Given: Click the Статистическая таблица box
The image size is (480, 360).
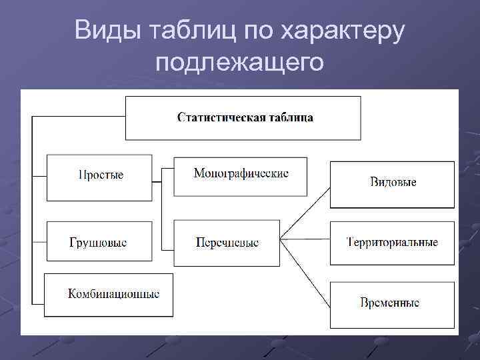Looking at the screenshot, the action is [x=243, y=118].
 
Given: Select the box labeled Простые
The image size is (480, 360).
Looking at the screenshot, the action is [x=99, y=177].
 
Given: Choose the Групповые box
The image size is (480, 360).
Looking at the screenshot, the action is [x=99, y=242].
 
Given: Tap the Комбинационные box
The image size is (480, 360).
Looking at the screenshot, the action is [x=109, y=294].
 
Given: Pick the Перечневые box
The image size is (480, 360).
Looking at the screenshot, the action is [x=227, y=242].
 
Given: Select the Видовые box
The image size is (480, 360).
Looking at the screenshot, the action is [x=392, y=183].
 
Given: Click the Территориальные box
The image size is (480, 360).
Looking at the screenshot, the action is [x=392, y=242].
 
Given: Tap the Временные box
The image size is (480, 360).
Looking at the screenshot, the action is [x=392, y=303].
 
